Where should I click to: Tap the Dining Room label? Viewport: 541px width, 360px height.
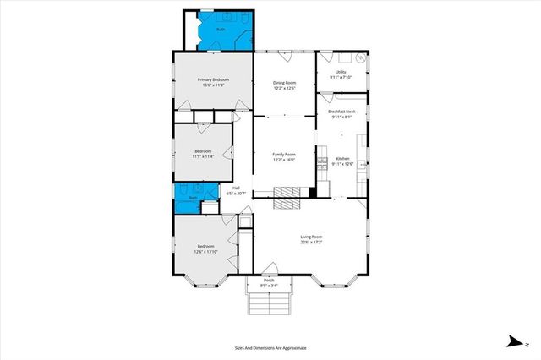point(284,83)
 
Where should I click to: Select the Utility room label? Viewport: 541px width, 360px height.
point(341,72)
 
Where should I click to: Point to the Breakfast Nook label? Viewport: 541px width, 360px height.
point(342,112)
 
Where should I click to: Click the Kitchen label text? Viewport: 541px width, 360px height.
point(342,159)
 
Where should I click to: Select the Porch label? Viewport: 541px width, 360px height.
point(269,280)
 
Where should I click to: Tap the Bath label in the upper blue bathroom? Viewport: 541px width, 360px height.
point(221,30)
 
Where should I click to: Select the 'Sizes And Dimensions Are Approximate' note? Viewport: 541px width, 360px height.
point(270,347)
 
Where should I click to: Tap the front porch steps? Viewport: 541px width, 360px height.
point(269,302)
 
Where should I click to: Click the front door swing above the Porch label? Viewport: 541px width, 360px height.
point(269,270)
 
